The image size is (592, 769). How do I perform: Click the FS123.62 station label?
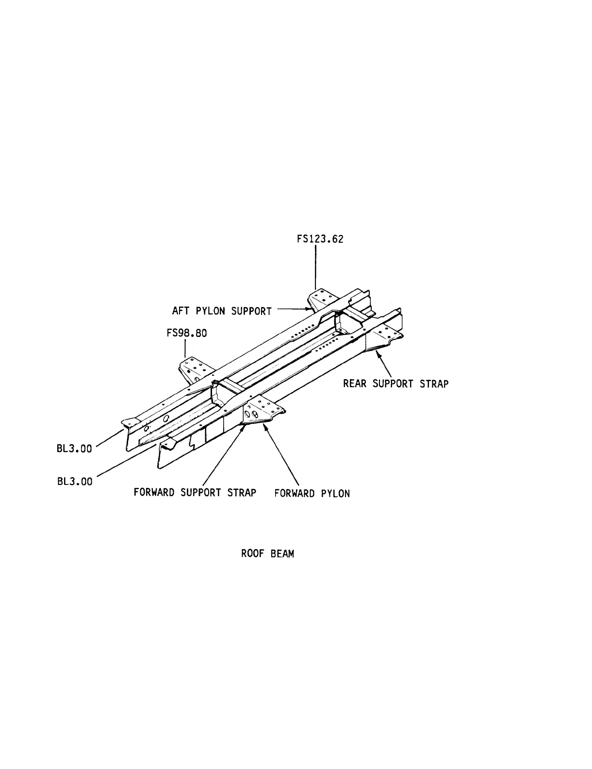320,239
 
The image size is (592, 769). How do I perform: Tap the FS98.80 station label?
186,334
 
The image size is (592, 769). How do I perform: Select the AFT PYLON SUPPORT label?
222,311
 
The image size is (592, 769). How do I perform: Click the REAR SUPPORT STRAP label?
395,384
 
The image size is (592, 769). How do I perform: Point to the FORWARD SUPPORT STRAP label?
195,492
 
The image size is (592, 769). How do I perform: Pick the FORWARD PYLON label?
312,493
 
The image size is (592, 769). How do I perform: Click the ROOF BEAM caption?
267,553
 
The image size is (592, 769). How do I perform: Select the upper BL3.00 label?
74,449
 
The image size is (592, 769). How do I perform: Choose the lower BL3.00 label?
74,482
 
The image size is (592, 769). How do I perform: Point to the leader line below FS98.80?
185,349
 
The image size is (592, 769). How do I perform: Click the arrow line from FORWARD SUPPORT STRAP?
223,454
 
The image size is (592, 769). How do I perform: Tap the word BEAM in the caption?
282,553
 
